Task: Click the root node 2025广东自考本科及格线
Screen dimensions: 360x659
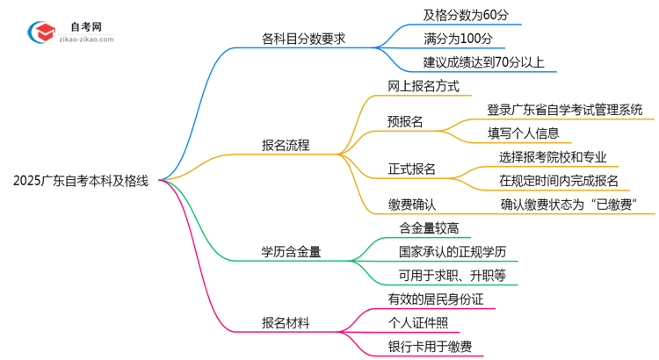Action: point(81,182)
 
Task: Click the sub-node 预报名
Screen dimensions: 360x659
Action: point(405,122)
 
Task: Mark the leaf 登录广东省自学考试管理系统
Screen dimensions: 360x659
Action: point(564,110)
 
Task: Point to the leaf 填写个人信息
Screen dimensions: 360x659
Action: point(524,133)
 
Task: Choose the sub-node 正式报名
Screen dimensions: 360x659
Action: point(412,169)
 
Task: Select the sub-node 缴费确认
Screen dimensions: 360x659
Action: point(412,205)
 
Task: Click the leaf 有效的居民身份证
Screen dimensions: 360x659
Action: point(436,299)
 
